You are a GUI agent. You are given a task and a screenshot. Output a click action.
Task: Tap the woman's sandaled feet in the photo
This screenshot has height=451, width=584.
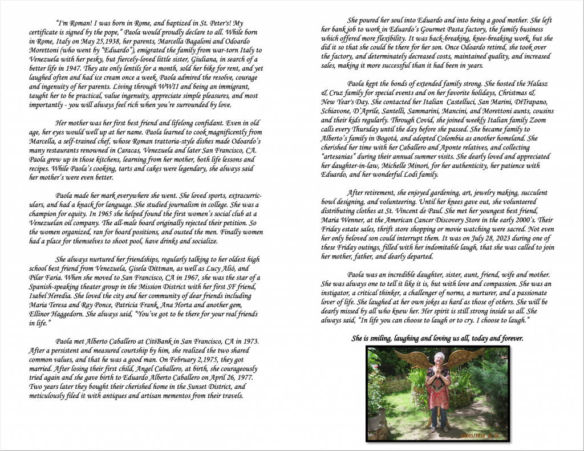click(439, 428)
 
